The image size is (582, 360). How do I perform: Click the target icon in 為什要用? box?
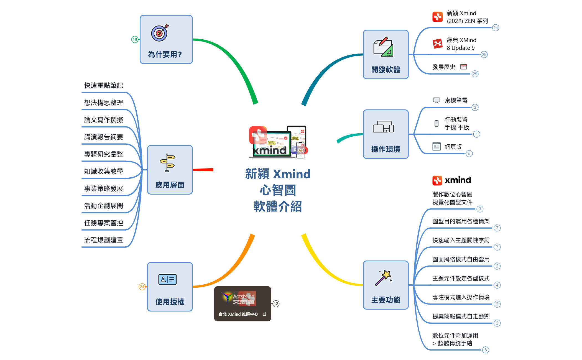[160, 33]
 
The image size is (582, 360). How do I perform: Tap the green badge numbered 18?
[135, 39]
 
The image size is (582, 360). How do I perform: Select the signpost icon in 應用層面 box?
[167, 163]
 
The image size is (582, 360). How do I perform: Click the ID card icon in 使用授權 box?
[167, 279]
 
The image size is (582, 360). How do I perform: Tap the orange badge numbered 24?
[142, 287]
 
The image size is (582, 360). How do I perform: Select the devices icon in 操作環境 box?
[383, 127]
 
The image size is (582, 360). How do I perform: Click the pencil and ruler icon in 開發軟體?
[384, 47]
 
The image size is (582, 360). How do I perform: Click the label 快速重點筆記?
[104, 86]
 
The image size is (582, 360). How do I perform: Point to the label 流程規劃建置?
[104, 240]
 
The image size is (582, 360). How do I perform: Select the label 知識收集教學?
[104, 172]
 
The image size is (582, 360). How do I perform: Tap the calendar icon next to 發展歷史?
[463, 67]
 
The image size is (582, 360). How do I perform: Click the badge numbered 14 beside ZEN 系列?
[496, 28]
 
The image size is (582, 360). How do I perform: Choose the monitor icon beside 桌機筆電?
[436, 100]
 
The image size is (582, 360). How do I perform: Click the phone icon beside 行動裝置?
[436, 123]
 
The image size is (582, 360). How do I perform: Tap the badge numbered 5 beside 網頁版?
[469, 154]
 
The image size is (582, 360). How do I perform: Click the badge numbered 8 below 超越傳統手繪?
[485, 350]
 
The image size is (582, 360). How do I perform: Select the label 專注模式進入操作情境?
[461, 297]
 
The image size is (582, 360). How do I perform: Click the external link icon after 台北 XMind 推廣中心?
[264, 314]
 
